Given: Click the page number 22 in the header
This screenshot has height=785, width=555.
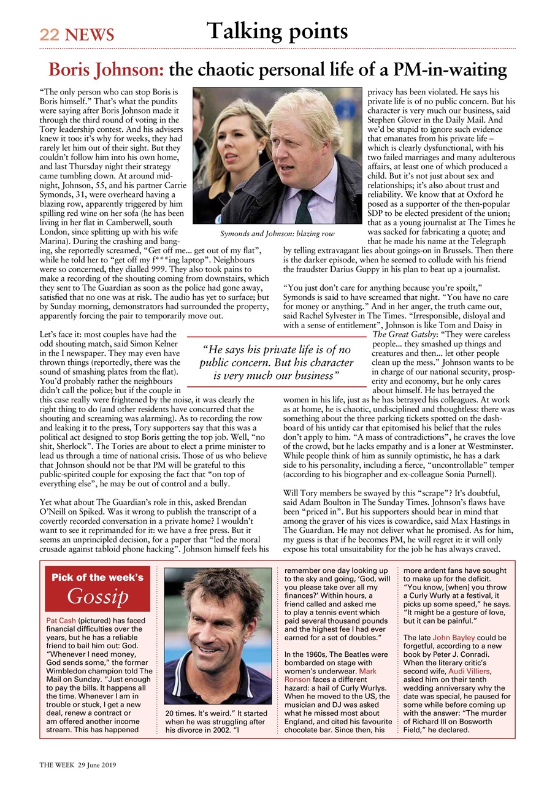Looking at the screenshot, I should coord(50,35).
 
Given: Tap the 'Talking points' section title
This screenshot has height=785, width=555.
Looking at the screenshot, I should coord(277,31).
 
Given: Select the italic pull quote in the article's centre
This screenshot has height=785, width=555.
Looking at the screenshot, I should coord(276,362).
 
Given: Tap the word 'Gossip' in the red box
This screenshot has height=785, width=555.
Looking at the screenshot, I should coord(98,595).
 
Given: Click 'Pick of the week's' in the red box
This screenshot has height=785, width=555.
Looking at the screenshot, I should coord(98,577).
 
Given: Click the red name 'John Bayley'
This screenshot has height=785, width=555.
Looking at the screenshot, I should coord(454,638).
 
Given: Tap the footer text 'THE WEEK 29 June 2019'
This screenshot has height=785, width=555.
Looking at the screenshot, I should coord(78,765).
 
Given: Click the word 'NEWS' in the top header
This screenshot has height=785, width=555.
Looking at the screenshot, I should coord(90,35).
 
